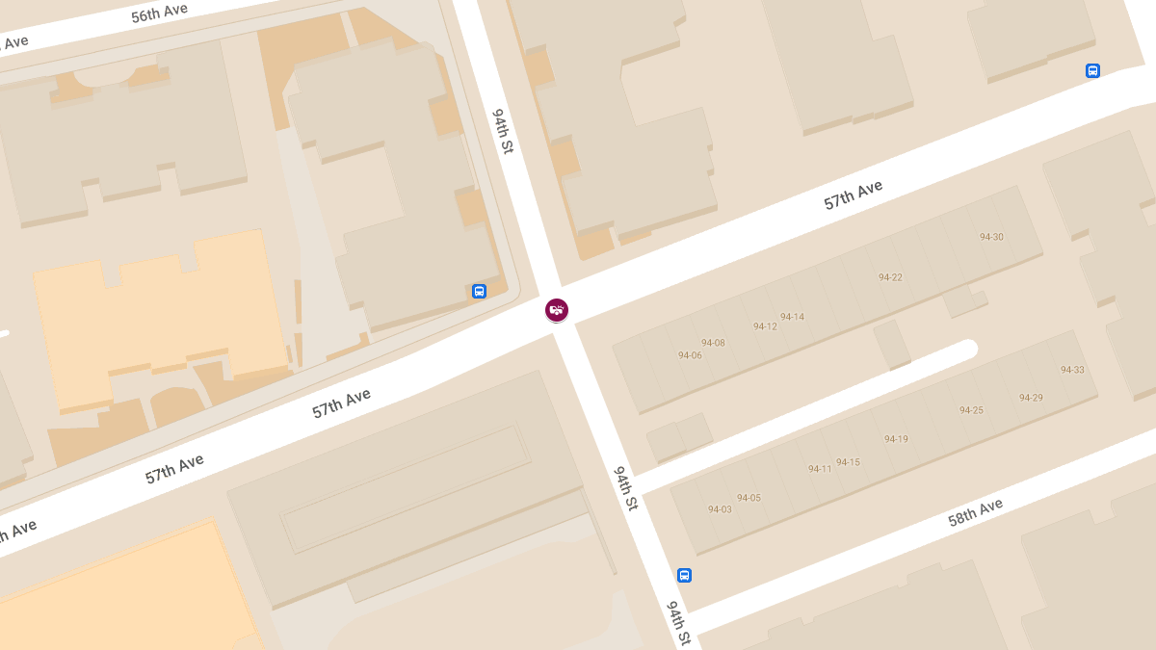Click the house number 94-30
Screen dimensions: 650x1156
point(991,237)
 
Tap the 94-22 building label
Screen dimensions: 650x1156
point(890,277)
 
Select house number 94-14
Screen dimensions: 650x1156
point(792,317)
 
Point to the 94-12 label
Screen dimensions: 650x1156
point(765,326)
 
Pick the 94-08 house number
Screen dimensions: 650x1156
point(713,343)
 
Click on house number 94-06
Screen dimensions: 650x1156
point(690,355)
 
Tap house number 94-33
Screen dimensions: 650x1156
point(1072,370)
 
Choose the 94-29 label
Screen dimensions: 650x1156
point(1031,398)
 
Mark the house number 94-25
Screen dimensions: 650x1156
point(971,410)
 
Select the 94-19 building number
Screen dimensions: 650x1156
point(896,439)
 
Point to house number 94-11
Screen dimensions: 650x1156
point(820,469)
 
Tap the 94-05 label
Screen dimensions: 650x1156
point(749,498)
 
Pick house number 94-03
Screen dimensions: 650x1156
point(720,509)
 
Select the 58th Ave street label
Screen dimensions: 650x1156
point(975,512)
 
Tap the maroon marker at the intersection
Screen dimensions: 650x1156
point(557,309)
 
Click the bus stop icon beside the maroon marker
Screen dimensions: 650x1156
point(479,291)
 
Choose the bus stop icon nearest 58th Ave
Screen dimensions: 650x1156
point(684,575)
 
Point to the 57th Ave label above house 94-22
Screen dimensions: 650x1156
point(853,195)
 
